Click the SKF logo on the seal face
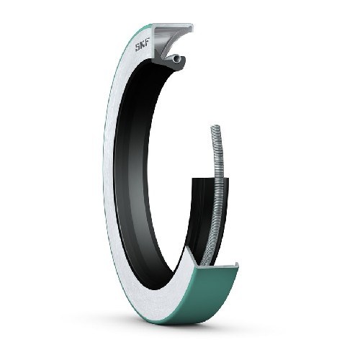[142, 45]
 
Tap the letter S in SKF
[138, 48]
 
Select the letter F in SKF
[146, 44]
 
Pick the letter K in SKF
[142, 45]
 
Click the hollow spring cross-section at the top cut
[177, 58]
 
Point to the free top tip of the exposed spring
[216, 126]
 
